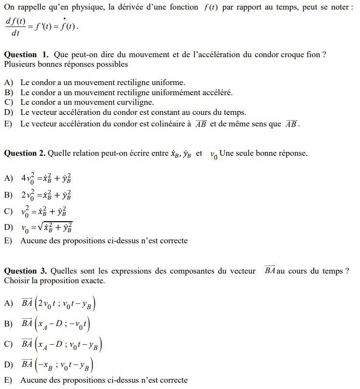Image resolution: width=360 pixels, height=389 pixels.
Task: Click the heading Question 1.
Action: coord(26,55)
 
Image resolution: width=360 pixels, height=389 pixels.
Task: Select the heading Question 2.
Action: coord(25,153)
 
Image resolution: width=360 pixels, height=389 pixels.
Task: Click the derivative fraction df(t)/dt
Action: coord(15,27)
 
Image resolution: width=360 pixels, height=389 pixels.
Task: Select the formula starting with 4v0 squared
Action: coord(46,178)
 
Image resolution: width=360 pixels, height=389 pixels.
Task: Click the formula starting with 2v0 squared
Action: coord(46,195)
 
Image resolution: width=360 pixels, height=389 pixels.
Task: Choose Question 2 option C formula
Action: coord(44,212)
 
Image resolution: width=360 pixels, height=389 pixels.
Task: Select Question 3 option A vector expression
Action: coord(59,304)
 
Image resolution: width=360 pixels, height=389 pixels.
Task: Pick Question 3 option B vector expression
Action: coord(56,324)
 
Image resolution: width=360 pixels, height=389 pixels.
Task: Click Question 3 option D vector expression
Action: coord(57,365)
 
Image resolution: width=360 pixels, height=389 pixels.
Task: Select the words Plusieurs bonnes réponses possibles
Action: coord(66,64)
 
